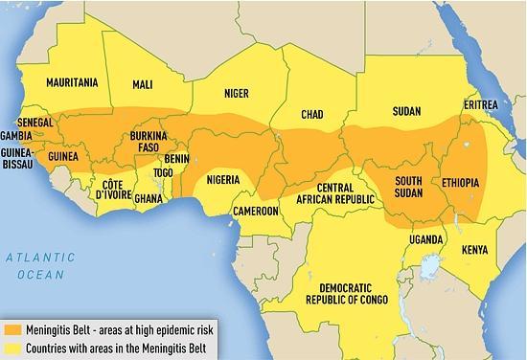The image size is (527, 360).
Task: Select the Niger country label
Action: pos(223,94)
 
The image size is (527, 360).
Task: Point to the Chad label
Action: pos(311,114)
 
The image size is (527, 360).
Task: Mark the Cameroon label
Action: pos(256,210)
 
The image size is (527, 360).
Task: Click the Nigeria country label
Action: pos(228,179)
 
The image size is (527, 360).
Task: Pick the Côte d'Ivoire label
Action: pos(112,189)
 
